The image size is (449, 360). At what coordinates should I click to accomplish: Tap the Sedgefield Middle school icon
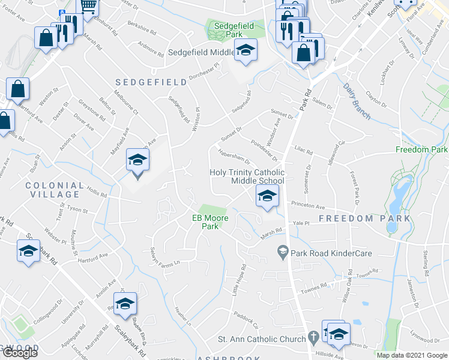tap(246, 51)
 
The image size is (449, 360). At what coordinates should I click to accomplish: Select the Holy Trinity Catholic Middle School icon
tap(267, 195)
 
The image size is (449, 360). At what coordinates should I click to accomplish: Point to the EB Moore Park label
tap(210, 222)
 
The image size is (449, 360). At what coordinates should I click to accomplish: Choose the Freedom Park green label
tap(422, 149)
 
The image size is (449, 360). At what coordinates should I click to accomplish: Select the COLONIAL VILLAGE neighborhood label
tap(53, 190)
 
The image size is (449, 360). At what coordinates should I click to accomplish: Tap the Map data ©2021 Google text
tap(412, 355)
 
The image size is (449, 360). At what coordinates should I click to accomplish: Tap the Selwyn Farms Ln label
tap(164, 263)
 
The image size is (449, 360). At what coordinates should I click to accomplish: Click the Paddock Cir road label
tap(246, 320)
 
